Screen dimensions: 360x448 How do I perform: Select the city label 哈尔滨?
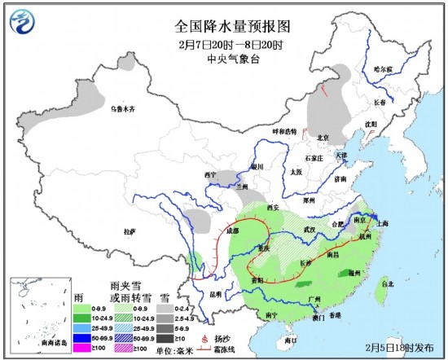[383, 68]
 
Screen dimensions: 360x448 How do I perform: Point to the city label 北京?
[322, 137]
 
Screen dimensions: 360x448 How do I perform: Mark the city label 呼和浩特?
[285, 131]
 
